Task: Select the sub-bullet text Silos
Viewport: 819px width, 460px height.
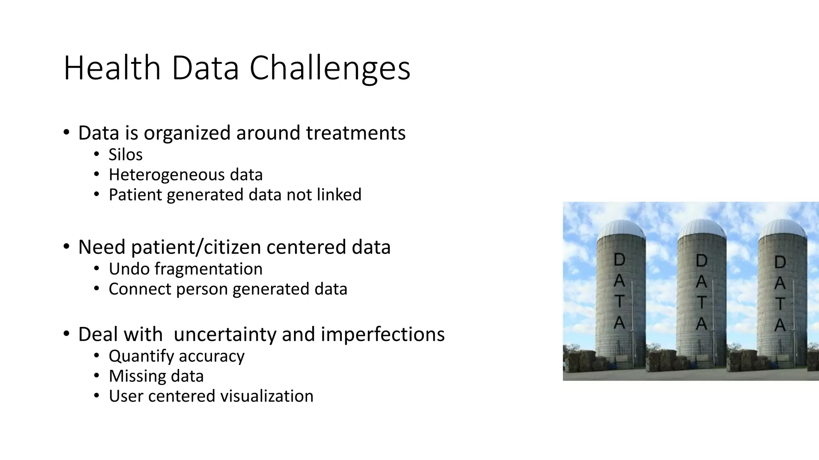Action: (x=126, y=155)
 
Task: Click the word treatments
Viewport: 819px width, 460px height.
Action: (x=356, y=133)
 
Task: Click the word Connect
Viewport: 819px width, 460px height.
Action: (x=140, y=289)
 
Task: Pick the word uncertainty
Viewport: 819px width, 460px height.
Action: (x=225, y=334)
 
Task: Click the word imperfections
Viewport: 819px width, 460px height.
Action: (x=382, y=334)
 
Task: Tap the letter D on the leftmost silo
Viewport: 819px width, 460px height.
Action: (x=619, y=260)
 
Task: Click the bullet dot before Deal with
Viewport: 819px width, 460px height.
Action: (x=66, y=333)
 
